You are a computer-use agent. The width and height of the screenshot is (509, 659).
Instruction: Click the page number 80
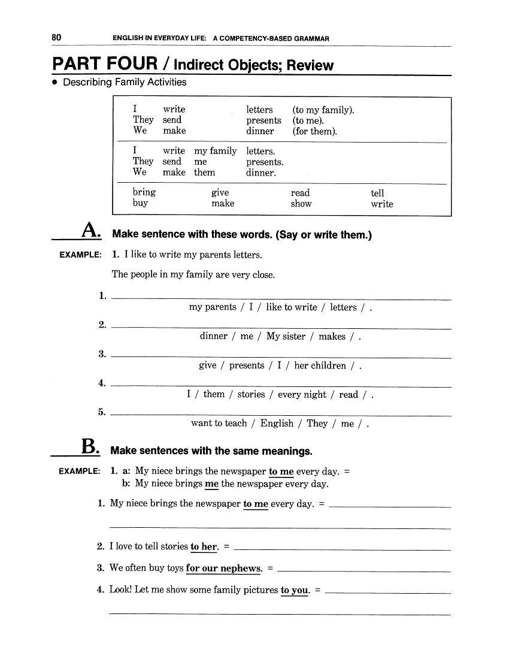click(56, 38)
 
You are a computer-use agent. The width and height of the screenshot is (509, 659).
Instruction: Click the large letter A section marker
click(89, 229)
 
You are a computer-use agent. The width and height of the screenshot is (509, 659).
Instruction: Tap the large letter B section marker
click(88, 446)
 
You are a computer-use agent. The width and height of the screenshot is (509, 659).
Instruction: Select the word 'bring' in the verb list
click(144, 192)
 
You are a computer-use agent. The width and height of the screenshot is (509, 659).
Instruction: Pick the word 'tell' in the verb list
click(377, 193)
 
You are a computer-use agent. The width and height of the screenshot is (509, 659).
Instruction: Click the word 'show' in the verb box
click(301, 204)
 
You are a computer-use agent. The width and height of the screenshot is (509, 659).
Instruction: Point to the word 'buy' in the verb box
click(140, 203)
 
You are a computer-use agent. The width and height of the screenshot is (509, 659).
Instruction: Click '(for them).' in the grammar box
click(315, 131)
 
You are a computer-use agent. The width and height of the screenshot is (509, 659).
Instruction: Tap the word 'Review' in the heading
click(310, 65)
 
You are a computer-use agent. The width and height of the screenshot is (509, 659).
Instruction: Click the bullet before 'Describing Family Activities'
click(54, 83)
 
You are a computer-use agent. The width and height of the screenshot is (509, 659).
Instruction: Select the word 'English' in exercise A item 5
click(277, 424)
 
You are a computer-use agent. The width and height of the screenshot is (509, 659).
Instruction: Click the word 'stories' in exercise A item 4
click(251, 395)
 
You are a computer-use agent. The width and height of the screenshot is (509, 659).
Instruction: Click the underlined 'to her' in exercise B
click(204, 546)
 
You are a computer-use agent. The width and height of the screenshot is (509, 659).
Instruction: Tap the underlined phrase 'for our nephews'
click(224, 568)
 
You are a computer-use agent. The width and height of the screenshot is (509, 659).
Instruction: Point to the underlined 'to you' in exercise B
click(295, 590)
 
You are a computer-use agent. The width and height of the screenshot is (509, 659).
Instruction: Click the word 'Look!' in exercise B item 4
click(120, 590)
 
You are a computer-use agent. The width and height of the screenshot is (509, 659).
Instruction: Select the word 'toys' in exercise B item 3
click(171, 568)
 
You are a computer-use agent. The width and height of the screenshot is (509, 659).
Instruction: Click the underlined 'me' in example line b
click(211, 483)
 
